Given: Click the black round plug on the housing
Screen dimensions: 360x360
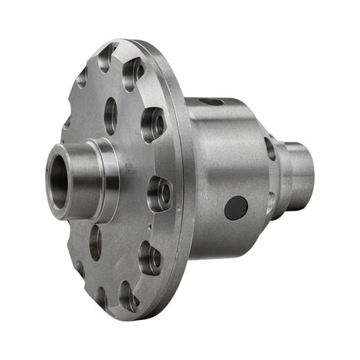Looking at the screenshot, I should click(x=236, y=207).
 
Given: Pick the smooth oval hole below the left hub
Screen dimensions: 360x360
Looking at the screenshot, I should click(x=95, y=242).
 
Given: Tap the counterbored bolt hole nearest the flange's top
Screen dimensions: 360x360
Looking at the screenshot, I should click(x=132, y=73).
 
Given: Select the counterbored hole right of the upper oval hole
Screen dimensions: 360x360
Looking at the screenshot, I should click(x=153, y=123).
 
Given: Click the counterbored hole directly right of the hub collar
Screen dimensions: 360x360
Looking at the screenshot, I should click(x=159, y=192).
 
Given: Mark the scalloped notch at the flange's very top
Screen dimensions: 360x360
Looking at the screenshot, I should click(x=106, y=57).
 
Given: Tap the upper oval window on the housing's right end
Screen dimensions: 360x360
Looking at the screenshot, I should click(x=270, y=148).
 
